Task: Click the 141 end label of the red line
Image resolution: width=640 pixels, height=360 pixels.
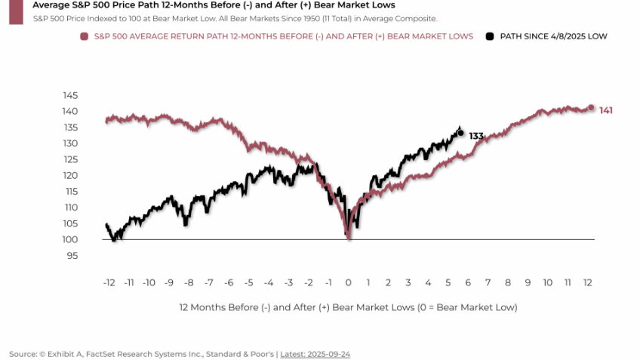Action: click(x=606, y=110)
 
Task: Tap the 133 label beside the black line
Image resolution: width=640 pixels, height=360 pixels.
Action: click(x=475, y=136)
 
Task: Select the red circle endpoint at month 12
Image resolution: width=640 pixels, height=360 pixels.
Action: click(x=591, y=108)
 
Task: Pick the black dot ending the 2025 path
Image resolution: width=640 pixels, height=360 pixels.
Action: click(x=460, y=133)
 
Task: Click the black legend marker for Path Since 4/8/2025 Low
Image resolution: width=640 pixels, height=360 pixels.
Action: click(x=490, y=36)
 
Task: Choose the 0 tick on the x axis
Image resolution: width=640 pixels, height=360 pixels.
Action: click(x=348, y=282)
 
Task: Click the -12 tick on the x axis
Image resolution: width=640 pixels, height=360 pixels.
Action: click(x=109, y=282)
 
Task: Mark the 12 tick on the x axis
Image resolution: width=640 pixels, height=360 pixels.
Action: click(x=587, y=282)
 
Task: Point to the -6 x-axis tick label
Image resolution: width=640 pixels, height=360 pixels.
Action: click(x=228, y=282)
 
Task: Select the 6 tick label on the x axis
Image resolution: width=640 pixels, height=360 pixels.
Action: click(x=468, y=282)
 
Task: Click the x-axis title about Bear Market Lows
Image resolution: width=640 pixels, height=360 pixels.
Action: click(x=348, y=308)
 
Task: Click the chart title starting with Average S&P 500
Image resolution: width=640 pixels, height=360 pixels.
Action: click(x=214, y=5)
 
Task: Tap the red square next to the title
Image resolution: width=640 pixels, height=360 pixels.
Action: click(x=15, y=11)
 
